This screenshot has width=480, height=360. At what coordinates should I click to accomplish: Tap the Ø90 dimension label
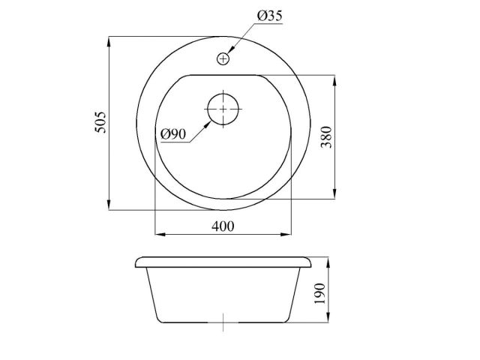point(173,133)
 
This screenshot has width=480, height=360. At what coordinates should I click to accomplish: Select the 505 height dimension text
point(102,122)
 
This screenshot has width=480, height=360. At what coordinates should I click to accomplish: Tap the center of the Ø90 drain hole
point(223,109)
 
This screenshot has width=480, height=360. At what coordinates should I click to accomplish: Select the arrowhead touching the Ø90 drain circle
point(209,120)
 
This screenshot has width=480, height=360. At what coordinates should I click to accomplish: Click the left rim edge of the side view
point(136,264)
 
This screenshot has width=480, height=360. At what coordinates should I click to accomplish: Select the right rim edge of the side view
point(311,264)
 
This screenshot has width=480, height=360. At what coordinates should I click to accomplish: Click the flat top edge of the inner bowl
point(223,74)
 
